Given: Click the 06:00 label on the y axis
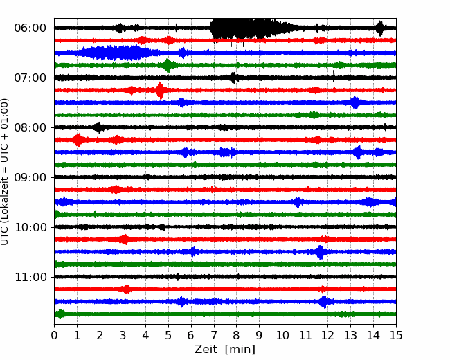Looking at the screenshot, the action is (30, 28).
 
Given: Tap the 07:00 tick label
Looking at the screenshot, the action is (30, 78).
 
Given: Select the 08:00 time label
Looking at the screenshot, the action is (30, 127).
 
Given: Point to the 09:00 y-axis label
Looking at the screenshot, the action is (30, 177).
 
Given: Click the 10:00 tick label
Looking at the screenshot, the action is (30, 227).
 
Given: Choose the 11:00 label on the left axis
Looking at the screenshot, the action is (30, 277).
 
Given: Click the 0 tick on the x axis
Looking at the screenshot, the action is (54, 335).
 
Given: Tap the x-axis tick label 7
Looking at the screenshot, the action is (213, 335).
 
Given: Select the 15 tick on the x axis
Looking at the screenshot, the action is (396, 335).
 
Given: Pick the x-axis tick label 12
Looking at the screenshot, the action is (327, 335).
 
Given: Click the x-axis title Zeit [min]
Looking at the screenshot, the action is (225, 350).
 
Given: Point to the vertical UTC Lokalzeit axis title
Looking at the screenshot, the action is (4, 172).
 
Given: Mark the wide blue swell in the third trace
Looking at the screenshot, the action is (118, 53).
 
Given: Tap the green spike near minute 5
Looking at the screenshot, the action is (168, 66).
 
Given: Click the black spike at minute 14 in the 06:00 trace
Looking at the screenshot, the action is (380, 28).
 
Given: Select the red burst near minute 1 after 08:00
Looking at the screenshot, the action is (78, 140).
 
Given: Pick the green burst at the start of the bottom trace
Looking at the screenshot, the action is (60, 314).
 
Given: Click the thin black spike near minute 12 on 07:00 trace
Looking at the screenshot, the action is (334, 75).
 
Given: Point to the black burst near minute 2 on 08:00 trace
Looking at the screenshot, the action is (98, 127).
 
